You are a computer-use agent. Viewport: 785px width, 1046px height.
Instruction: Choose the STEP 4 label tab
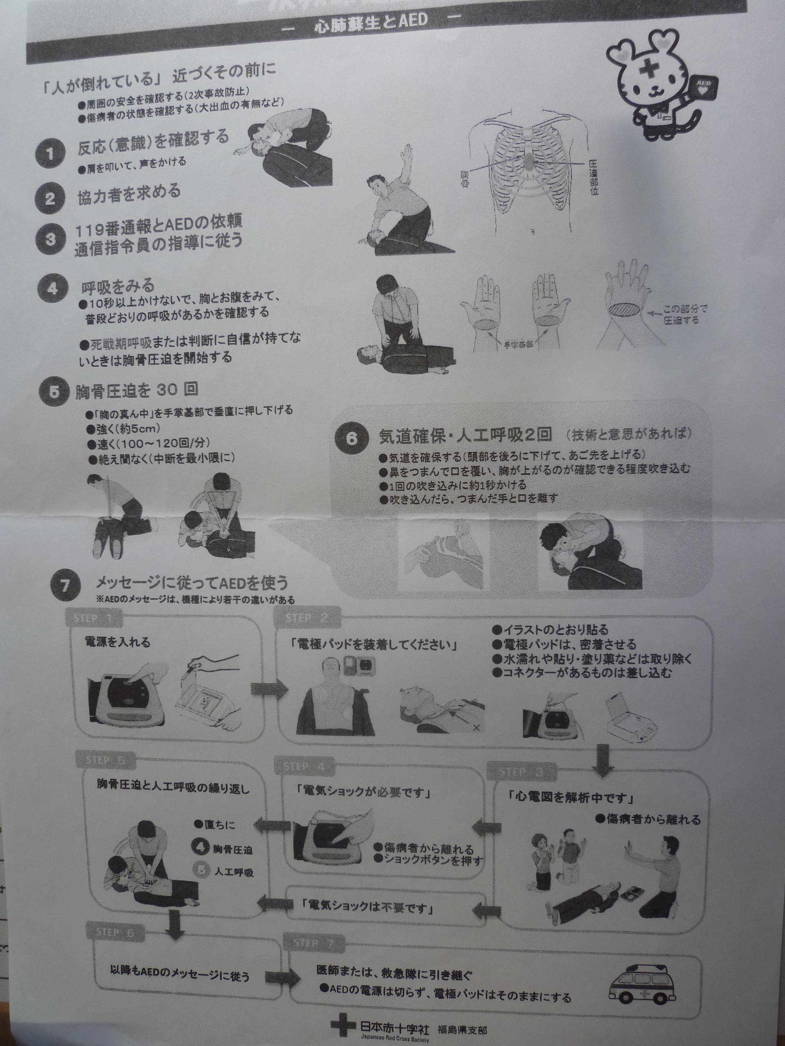303,767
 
